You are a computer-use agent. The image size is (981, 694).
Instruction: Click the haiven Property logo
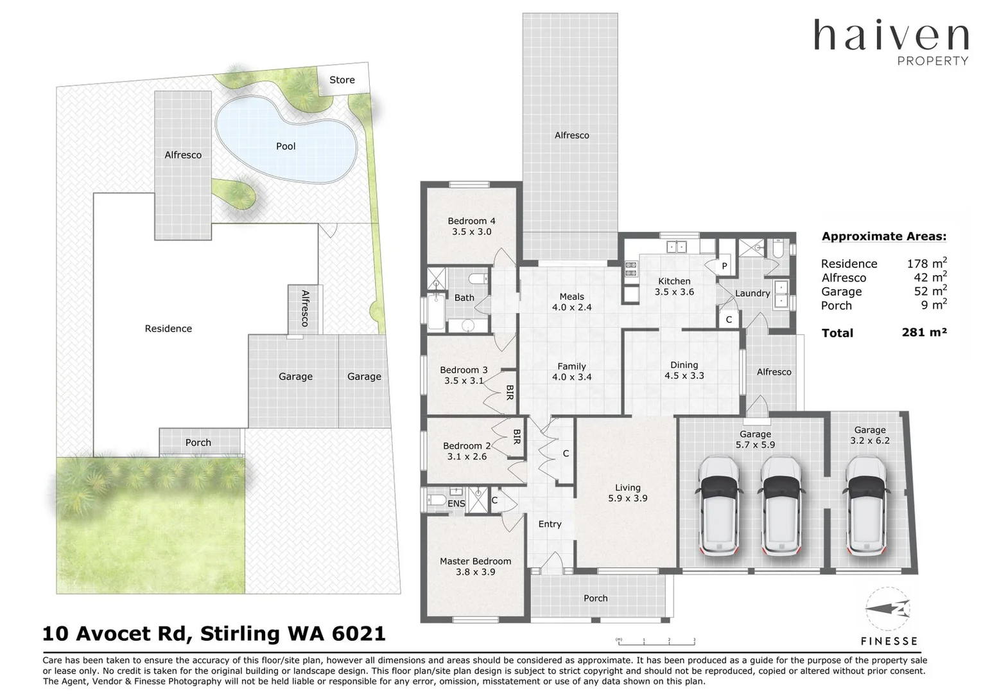click(890, 42)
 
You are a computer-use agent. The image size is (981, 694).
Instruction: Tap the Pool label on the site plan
click(286, 147)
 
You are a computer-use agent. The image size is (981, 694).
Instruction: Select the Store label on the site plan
click(342, 80)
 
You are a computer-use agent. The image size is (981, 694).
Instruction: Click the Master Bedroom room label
click(475, 561)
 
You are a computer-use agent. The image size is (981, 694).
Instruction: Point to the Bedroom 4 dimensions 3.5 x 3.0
click(471, 232)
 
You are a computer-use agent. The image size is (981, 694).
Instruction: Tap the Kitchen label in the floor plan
click(674, 281)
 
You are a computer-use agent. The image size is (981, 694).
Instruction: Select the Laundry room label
click(752, 294)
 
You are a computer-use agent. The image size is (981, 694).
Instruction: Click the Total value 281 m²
click(924, 332)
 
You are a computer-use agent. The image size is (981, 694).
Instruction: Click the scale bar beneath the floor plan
click(655, 641)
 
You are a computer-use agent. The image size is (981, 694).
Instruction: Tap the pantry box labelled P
click(724, 266)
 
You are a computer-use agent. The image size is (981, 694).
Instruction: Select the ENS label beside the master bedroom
click(456, 504)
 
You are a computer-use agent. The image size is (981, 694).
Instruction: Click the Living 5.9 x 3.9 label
click(627, 493)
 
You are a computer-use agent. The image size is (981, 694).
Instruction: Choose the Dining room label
click(684, 365)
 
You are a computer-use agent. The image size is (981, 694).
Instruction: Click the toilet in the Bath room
click(478, 279)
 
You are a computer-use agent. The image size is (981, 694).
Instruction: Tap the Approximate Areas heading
click(883, 236)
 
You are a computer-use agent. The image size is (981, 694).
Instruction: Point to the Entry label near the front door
click(550, 524)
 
